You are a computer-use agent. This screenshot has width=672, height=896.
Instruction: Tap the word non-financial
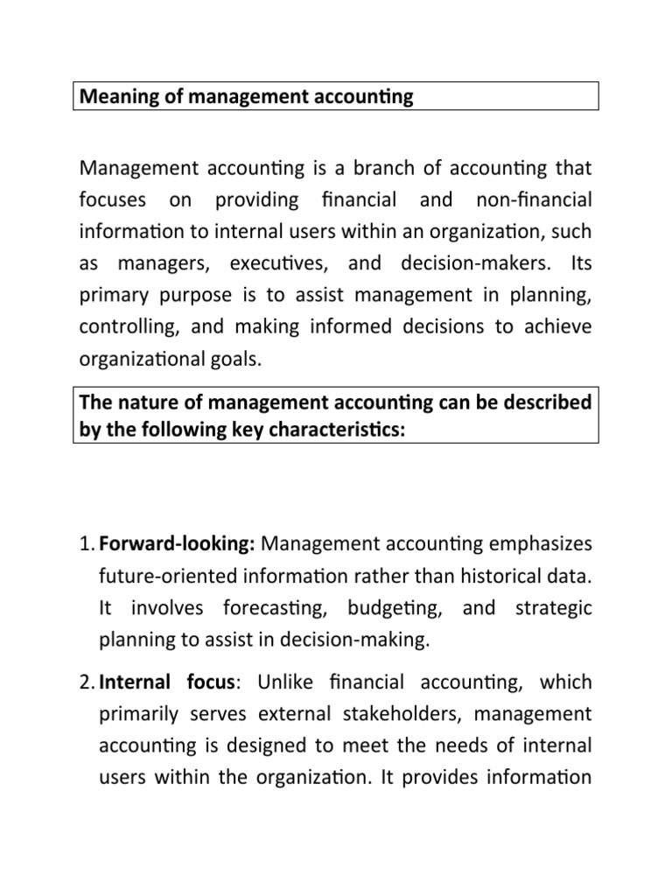point(533,199)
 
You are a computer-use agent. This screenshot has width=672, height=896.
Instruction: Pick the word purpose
point(197,295)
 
